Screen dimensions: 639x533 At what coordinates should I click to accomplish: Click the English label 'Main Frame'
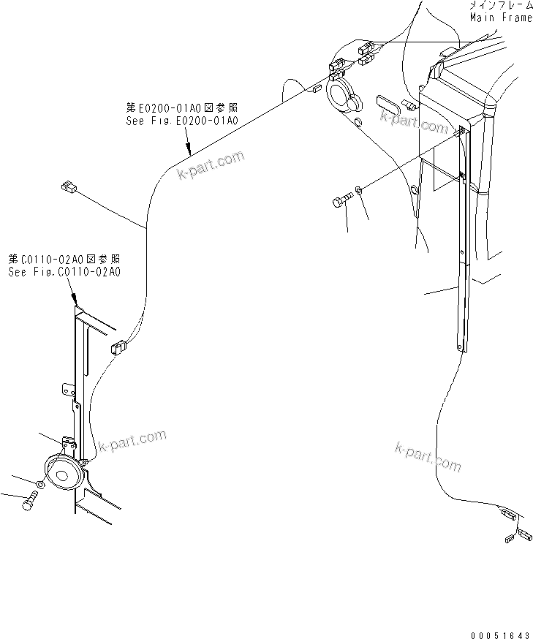(x=500, y=18)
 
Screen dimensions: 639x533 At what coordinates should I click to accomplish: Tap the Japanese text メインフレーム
(x=500, y=6)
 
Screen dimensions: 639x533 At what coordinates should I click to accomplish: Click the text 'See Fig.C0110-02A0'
(x=64, y=271)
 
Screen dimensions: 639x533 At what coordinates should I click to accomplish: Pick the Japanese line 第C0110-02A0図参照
(x=64, y=260)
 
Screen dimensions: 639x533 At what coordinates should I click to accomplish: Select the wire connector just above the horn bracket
(x=116, y=347)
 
